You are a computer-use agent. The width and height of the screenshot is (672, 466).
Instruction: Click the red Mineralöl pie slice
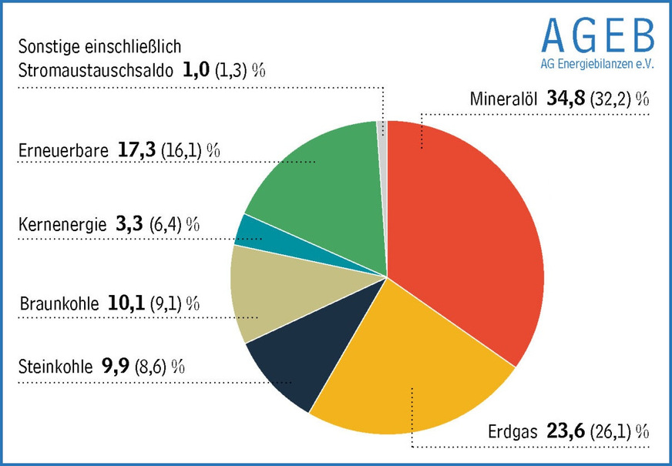coord(462,231)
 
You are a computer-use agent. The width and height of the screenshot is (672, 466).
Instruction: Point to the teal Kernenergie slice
coord(254,230)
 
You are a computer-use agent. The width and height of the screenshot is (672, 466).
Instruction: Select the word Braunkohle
coord(59,303)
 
